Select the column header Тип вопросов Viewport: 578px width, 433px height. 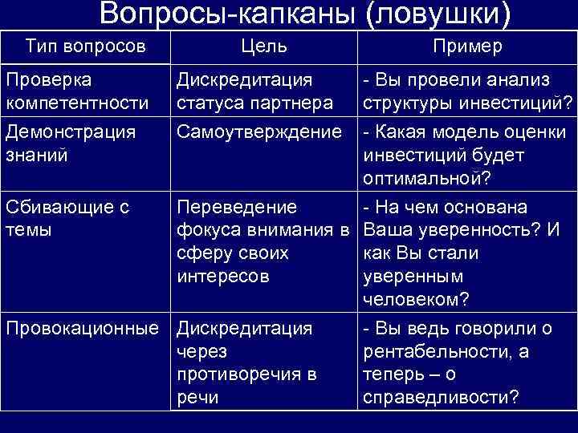point(86,47)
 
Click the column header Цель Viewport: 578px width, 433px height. point(263,47)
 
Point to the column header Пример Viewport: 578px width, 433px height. point(467,47)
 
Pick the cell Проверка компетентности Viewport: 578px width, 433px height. point(77,91)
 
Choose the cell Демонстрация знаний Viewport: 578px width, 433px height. point(71,142)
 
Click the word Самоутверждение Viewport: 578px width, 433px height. point(259,130)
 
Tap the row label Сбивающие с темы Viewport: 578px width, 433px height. point(67,219)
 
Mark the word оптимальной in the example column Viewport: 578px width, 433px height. point(425,176)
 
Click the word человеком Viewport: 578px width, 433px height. point(416,298)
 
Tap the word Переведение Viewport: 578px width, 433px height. point(237,208)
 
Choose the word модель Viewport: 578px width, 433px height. point(461,130)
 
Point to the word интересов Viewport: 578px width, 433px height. point(223,277)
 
